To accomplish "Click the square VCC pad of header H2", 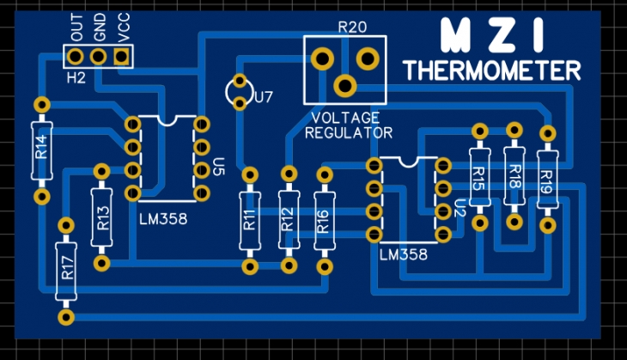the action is coord(122,57).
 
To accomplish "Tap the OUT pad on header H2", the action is coord(75,57).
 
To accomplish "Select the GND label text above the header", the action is coord(100,27).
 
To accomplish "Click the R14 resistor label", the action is coord(41,147).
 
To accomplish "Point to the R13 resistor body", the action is coord(101,217).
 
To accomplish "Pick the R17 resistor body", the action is coord(66,272).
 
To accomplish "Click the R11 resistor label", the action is coord(250,220).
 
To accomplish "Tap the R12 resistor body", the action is coord(289,220).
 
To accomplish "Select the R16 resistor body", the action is coord(325,221).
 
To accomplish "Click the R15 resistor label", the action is coord(478,178).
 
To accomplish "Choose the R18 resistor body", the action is coord(514,176).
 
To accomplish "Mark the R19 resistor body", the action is coord(547,180).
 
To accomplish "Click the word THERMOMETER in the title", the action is coord(492,70).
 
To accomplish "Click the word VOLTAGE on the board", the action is coord(345,118).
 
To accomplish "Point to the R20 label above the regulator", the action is coord(352,27).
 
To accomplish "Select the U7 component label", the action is coord(264,97).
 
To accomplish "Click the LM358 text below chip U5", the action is coord(163,219).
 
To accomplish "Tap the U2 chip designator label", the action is coord(460,208).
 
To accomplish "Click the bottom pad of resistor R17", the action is coord(66,317).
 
